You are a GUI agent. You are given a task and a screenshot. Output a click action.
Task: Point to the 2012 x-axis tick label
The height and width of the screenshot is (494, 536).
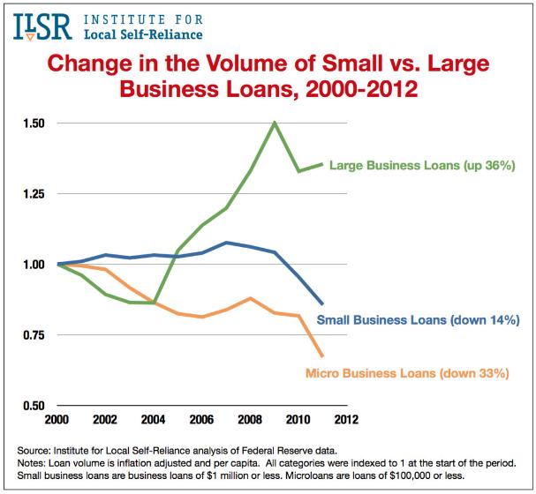(345, 421)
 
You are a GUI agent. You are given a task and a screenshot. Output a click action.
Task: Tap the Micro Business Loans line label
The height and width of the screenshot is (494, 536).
(407, 373)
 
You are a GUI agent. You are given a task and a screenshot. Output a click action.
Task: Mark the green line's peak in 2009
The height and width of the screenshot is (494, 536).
(275, 123)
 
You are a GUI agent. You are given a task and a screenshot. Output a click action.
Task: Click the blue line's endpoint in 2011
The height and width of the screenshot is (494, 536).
(322, 303)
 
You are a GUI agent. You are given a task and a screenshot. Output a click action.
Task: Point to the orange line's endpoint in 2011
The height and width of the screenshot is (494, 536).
(322, 356)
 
